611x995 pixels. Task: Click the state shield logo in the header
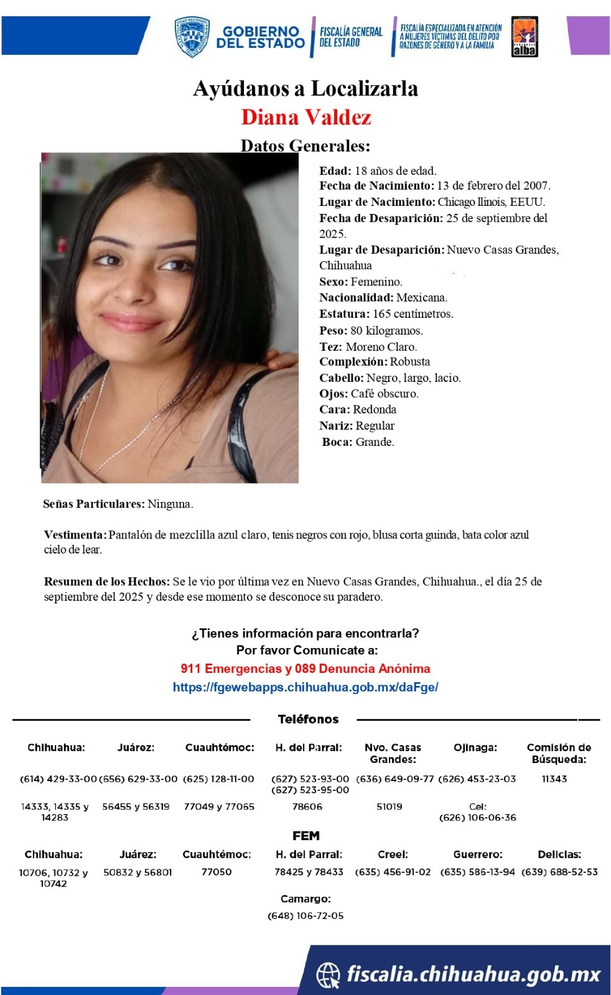pyautogui.click(x=192, y=37)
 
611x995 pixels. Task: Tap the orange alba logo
pyautogui.click(x=525, y=37)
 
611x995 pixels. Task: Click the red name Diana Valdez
pyautogui.click(x=306, y=117)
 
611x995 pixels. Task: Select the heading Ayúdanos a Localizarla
pyautogui.click(x=305, y=88)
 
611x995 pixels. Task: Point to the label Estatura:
pyautogui.click(x=344, y=314)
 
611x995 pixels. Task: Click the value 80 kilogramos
pyautogui.click(x=386, y=330)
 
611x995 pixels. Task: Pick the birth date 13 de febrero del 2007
pyautogui.click(x=493, y=186)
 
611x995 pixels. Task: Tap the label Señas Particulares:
pyautogui.click(x=93, y=504)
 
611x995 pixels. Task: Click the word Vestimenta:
pyautogui.click(x=75, y=535)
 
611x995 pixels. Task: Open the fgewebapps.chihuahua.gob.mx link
pyautogui.click(x=305, y=687)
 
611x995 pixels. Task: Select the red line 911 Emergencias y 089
pyautogui.click(x=305, y=669)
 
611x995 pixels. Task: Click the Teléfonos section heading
pyautogui.click(x=308, y=719)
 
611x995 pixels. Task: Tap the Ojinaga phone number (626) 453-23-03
pyautogui.click(x=477, y=779)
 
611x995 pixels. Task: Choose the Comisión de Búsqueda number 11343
pyautogui.click(x=554, y=779)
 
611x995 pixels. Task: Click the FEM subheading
pyautogui.click(x=305, y=836)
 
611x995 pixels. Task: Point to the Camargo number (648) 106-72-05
pyautogui.click(x=305, y=915)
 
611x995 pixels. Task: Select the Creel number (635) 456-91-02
pyautogui.click(x=393, y=872)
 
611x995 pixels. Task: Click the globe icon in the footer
pyautogui.click(x=329, y=974)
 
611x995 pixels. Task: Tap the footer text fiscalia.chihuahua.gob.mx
pyautogui.click(x=473, y=974)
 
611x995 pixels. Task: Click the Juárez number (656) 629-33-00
pyautogui.click(x=138, y=779)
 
